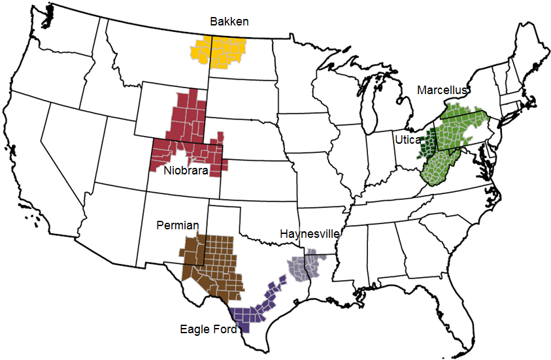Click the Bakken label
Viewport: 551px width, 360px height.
229,22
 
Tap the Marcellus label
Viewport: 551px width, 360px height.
442,90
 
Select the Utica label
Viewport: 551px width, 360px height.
407,140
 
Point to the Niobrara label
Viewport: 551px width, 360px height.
186,171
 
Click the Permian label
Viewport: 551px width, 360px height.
178,225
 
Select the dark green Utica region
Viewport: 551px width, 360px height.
429,145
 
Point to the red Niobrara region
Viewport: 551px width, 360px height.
190,131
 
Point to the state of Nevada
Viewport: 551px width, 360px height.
72,144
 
